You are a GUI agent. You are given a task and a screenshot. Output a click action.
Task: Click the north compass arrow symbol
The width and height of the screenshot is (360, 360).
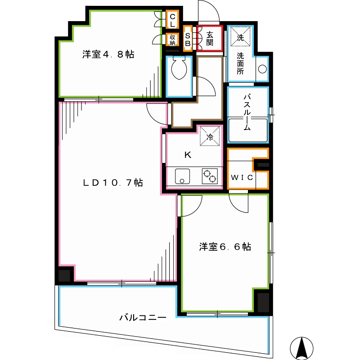click(301, 348)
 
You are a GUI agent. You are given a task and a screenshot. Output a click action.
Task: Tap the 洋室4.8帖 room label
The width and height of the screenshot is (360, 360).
click(108, 54)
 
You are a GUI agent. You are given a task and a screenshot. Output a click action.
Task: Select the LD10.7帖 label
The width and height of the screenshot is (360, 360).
click(113, 183)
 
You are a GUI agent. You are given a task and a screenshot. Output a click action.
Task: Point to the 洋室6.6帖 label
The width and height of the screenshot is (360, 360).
click(225, 247)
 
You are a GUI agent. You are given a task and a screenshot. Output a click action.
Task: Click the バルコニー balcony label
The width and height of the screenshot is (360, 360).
click(143, 318)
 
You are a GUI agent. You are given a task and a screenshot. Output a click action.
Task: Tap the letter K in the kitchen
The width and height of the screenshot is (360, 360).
click(188, 155)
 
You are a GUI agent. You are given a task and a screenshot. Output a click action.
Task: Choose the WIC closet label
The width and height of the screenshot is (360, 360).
click(242, 177)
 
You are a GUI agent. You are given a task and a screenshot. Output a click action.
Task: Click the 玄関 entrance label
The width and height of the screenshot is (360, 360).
click(210, 39)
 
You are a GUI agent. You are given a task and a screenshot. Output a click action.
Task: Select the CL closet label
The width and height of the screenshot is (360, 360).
click(172, 20)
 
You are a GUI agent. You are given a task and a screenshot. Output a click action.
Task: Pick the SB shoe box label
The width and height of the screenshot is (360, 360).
click(188, 40)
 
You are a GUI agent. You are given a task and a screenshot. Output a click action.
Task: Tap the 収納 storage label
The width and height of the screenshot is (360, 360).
click(172, 40)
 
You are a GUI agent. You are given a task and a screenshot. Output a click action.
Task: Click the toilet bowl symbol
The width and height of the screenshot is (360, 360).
click(179, 68)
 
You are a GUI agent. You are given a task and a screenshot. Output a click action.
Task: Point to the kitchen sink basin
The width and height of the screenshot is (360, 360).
click(182, 176)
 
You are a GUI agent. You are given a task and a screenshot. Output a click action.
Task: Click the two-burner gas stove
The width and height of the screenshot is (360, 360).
click(210, 176)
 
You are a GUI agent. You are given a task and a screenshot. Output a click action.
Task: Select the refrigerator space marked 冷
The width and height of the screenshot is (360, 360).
click(210, 136)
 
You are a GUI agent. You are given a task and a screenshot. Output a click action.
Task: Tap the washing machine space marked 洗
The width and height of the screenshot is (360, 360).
click(240, 37)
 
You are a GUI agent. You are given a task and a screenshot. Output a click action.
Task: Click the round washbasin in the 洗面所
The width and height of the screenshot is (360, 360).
click(262, 69)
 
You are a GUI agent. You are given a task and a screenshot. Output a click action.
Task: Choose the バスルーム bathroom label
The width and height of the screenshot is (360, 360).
click(247, 112)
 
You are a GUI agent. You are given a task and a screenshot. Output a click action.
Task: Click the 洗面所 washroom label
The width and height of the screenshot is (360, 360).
click(240, 63)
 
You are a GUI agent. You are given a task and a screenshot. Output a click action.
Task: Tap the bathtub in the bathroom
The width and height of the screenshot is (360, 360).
click(248, 130)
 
